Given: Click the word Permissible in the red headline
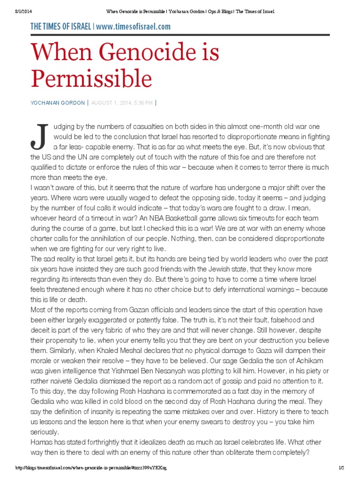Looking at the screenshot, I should tap(91, 78).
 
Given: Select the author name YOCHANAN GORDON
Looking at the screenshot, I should tap(58, 103).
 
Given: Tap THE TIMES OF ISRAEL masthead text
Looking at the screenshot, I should tap(60, 27).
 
